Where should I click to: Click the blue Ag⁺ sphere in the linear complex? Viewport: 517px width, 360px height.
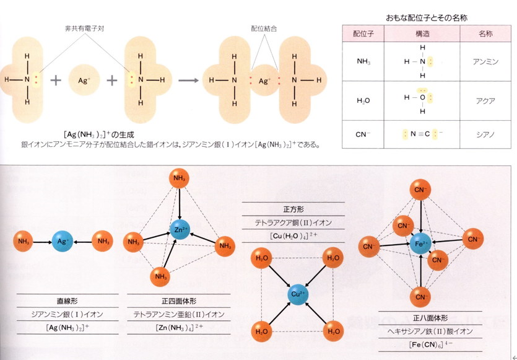[63, 241]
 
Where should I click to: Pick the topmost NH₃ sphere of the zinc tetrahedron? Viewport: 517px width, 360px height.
[178, 180]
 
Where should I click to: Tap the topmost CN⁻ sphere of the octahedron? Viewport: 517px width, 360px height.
[421, 188]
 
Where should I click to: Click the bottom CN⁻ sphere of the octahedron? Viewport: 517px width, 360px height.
[421, 297]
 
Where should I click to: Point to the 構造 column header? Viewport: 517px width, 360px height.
[423, 33]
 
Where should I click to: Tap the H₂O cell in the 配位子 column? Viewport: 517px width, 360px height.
[363, 98]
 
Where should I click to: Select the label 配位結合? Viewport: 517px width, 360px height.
[264, 29]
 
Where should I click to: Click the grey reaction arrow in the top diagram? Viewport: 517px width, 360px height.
[191, 80]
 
